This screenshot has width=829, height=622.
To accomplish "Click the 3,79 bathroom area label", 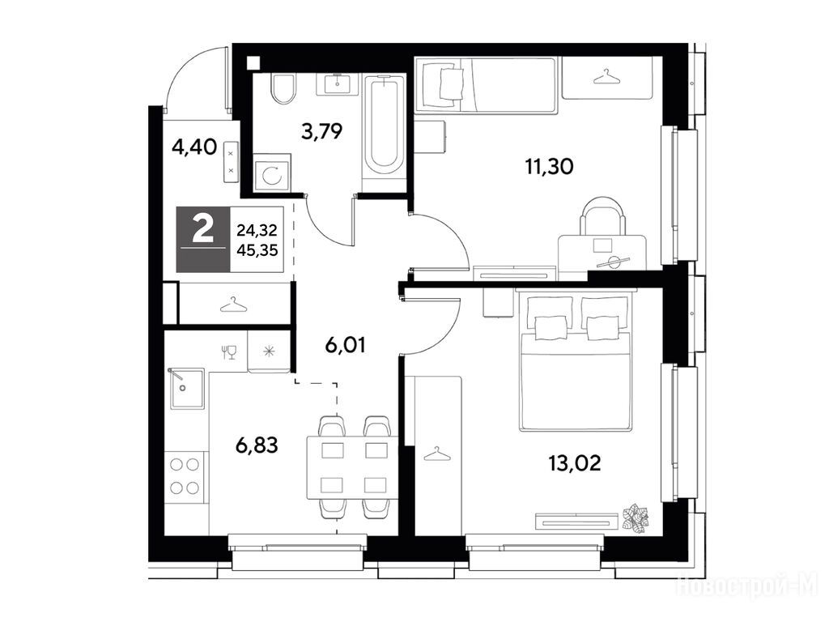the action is tap(322, 130).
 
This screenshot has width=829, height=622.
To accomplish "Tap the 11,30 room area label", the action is tap(550, 167).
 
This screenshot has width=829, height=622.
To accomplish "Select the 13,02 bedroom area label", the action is tap(575, 463).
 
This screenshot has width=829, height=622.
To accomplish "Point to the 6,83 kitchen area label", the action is tap(257, 445).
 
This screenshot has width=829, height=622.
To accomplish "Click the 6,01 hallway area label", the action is tap(345, 345).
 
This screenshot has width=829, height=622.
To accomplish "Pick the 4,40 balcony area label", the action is tap(194, 147).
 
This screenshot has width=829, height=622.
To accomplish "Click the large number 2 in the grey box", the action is tap(203, 229).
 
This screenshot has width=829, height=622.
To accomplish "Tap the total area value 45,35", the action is tap(257, 250).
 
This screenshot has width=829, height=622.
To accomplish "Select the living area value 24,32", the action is tap(257, 230).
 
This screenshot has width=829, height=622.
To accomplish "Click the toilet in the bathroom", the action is tap(283, 88).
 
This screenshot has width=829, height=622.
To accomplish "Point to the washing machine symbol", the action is tap(272, 173).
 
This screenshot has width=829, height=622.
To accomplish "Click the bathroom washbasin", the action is tap(337, 83).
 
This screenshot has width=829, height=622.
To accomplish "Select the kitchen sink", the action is tap(187, 388).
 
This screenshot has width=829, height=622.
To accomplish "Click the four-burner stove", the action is tap(185, 475).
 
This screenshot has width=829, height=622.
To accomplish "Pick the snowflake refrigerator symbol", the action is tap(269, 351).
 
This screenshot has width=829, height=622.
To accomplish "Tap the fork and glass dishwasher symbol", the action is tap(229, 351).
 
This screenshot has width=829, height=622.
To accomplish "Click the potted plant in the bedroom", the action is tap(635, 518).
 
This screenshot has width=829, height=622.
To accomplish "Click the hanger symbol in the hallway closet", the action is tap(234, 305).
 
